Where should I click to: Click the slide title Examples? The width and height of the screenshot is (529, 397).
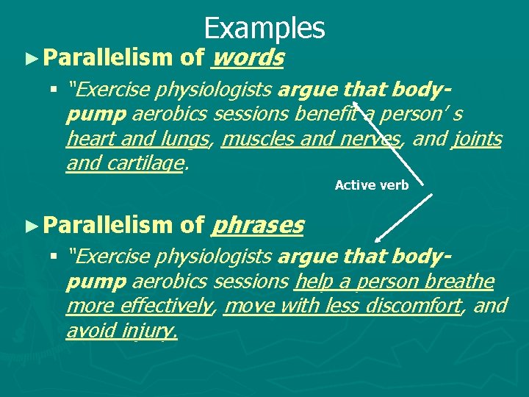click(x=264, y=28)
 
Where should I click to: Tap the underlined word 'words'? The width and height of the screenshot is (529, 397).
click(x=247, y=57)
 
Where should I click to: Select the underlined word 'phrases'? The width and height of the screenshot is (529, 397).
click(x=256, y=226)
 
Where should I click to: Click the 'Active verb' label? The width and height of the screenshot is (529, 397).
click(x=372, y=185)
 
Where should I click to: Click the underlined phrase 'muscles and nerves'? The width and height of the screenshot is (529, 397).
click(x=310, y=139)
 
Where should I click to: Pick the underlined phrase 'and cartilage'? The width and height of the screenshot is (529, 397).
click(x=124, y=163)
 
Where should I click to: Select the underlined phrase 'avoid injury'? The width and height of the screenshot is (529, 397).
click(x=121, y=332)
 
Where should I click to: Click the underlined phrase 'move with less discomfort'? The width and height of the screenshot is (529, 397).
click(x=342, y=307)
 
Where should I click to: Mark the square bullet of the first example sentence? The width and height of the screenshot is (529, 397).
click(x=54, y=91)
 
